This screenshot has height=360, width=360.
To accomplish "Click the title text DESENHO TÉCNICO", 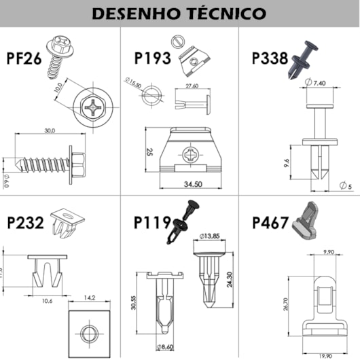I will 180,13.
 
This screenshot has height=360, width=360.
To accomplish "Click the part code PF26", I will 26,58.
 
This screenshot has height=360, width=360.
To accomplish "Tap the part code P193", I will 152,58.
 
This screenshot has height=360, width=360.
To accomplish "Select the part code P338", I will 270,58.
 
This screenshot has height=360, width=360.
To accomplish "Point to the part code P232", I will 26,223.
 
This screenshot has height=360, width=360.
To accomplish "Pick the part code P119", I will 152,222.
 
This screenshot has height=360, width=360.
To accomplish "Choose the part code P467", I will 270,223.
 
